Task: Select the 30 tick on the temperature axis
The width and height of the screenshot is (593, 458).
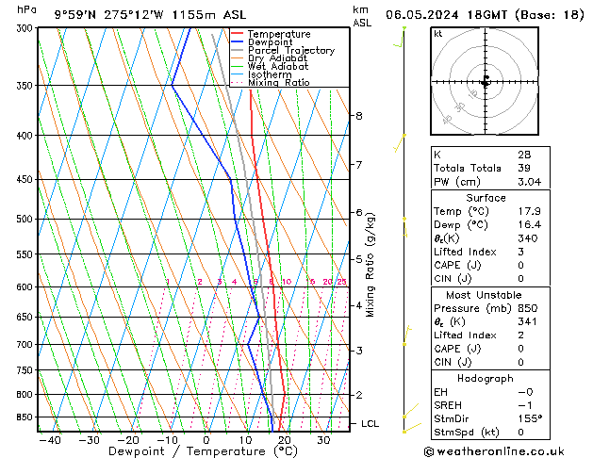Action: (x=323, y=440)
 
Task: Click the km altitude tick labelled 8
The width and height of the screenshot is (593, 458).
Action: (x=358, y=116)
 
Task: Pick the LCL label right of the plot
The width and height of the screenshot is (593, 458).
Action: (x=370, y=424)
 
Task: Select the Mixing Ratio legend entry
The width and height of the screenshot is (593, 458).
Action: (x=279, y=83)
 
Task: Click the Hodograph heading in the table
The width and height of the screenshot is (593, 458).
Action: (x=486, y=378)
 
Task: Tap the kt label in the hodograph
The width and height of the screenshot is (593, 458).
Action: (x=438, y=34)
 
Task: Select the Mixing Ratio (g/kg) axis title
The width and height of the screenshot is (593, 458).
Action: (x=371, y=265)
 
